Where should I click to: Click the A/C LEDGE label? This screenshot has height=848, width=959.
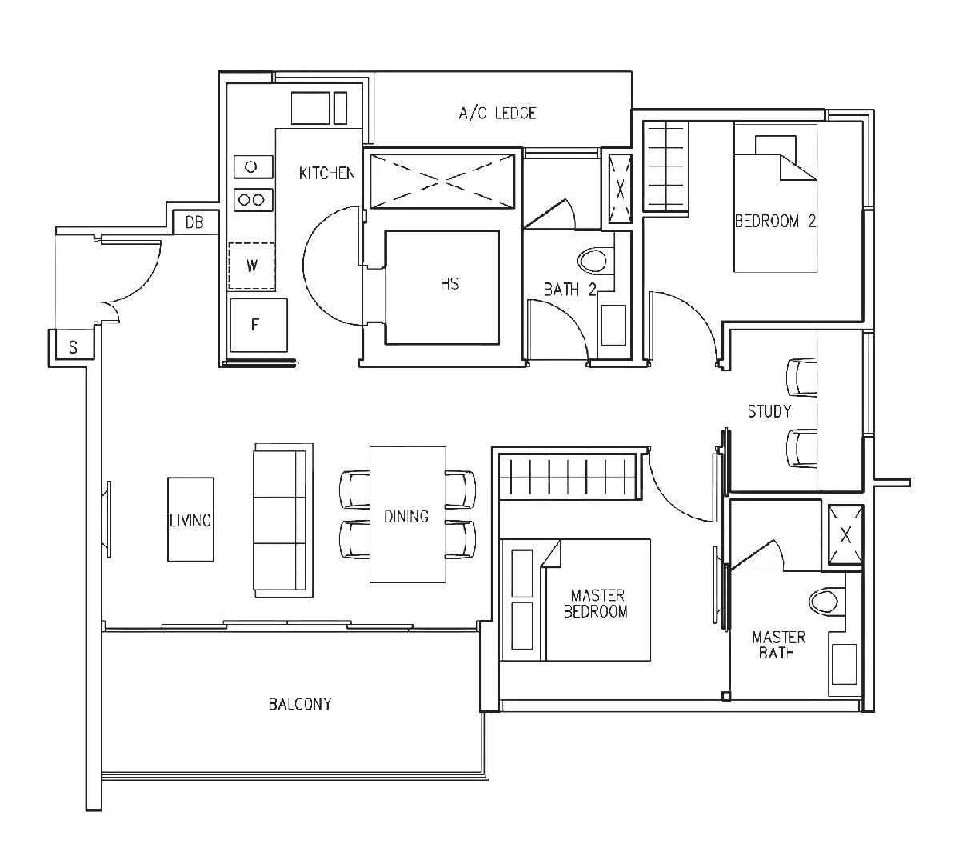(x=497, y=113)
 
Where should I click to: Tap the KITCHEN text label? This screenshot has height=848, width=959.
(x=327, y=173)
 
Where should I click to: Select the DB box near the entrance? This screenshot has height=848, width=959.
(x=194, y=222)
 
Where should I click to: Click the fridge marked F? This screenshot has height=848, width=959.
(x=258, y=325)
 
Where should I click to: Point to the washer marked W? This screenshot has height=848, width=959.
(x=251, y=266)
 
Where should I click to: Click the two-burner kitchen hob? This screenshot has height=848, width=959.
(x=253, y=199)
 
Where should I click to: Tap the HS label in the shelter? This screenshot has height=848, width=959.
(x=449, y=283)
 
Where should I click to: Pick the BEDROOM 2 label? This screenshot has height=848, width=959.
(x=774, y=222)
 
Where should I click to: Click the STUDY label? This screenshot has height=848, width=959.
(x=769, y=411)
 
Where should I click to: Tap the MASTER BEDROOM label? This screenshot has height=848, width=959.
(x=597, y=604)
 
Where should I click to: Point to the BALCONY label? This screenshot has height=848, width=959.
(x=299, y=704)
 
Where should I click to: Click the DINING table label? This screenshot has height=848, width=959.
(x=406, y=516)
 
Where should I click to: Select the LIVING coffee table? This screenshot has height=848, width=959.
(x=190, y=520)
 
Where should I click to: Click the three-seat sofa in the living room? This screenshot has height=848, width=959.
(x=281, y=520)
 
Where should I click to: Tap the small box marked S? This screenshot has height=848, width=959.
(x=73, y=347)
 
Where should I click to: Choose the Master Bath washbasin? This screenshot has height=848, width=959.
(x=845, y=663)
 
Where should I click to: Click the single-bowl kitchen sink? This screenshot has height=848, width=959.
(x=251, y=166)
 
